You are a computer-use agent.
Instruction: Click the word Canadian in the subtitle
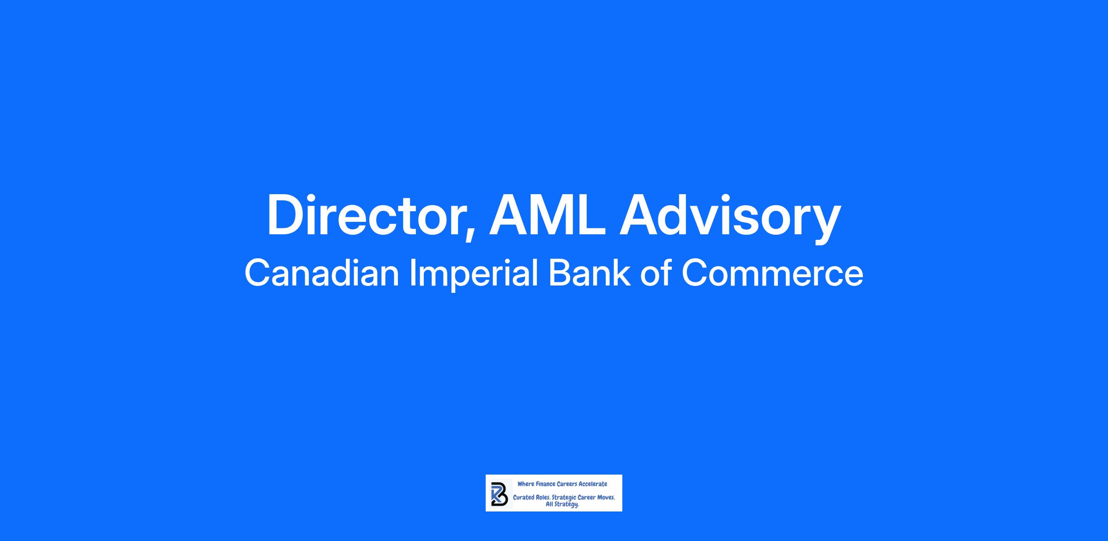[322, 273]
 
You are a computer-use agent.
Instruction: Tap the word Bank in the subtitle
[589, 273]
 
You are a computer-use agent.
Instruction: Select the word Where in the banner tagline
[525, 484]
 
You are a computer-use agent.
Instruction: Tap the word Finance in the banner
[546, 484]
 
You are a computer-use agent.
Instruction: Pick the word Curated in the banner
[524, 498]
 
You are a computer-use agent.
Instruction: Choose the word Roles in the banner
[543, 498]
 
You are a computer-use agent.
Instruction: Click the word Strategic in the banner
[564, 499]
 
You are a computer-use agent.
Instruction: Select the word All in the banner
[550, 504]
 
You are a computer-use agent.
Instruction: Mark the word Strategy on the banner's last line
[567, 505]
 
